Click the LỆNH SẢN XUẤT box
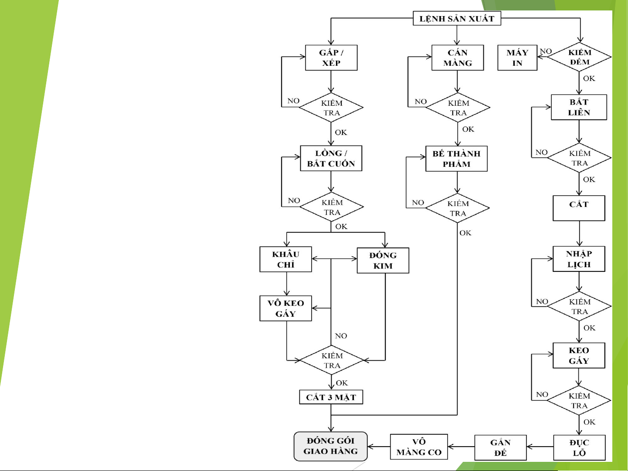click(457, 19)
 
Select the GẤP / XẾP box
click(331, 58)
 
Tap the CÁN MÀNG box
click(458, 58)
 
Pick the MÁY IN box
click(517, 58)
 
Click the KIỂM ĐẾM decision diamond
click(579, 57)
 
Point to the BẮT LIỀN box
click(579, 107)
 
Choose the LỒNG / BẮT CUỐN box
click(331, 158)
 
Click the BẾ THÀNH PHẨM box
click(456, 159)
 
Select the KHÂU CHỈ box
click(286, 259)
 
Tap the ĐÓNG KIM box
click(383, 261)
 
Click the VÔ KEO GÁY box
click(286, 308)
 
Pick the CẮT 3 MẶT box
click(331, 397)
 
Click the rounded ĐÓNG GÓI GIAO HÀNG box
click(331, 446)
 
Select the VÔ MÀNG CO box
click(419, 447)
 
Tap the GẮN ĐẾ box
click(500, 447)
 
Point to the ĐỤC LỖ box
click(579, 447)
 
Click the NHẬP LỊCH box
click(579, 259)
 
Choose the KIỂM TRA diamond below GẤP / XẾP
click(332, 108)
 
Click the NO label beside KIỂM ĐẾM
click(546, 51)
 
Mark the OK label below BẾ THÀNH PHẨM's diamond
click(465, 233)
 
